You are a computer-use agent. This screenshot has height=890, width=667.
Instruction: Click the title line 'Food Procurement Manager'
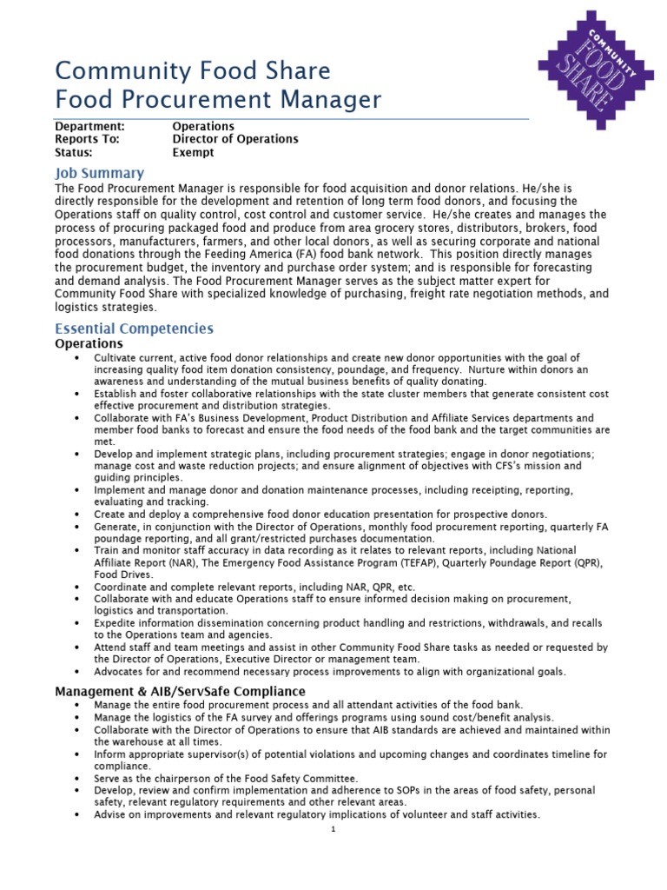click(217, 100)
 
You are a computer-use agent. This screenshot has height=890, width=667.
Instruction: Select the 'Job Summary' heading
click(99, 173)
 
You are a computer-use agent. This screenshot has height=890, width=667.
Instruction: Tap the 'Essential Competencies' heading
click(134, 329)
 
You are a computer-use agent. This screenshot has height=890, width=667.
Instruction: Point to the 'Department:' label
click(89, 127)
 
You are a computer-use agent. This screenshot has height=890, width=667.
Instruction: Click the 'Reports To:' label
click(87, 139)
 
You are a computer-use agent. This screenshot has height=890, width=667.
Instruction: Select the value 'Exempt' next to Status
click(193, 152)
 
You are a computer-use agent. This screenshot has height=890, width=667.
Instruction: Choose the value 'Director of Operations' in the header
click(234, 139)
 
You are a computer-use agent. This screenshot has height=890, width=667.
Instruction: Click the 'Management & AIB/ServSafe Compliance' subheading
click(180, 691)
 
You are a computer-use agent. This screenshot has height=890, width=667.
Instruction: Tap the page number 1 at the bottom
click(333, 829)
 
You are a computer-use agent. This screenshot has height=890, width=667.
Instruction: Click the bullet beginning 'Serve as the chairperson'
click(226, 779)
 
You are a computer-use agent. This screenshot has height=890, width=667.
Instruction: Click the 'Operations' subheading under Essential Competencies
click(89, 343)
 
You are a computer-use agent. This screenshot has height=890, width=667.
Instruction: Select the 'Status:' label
click(74, 152)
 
